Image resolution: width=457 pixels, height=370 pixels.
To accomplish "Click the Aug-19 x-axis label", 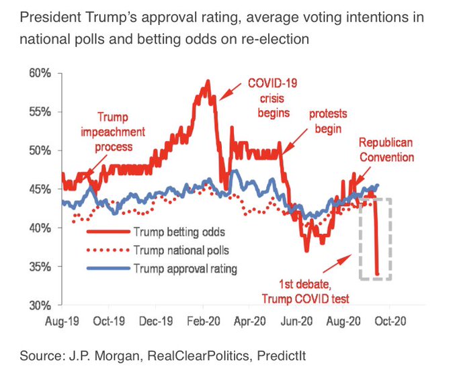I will pyautogui.click(x=63, y=321).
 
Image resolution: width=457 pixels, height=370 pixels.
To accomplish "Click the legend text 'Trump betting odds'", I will pyautogui.click(x=177, y=232).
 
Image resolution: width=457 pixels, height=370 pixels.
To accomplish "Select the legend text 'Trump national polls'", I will pyautogui.click(x=181, y=250).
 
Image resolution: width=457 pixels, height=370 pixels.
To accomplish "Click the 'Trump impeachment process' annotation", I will pyautogui.click(x=113, y=131).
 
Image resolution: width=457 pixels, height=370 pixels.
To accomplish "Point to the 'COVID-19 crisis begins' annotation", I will pyautogui.click(x=273, y=98).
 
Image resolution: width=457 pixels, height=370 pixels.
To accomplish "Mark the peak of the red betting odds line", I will pyautogui.click(x=208, y=81).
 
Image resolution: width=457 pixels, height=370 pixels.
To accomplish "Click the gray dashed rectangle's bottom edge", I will pyautogui.click(x=376, y=279).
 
